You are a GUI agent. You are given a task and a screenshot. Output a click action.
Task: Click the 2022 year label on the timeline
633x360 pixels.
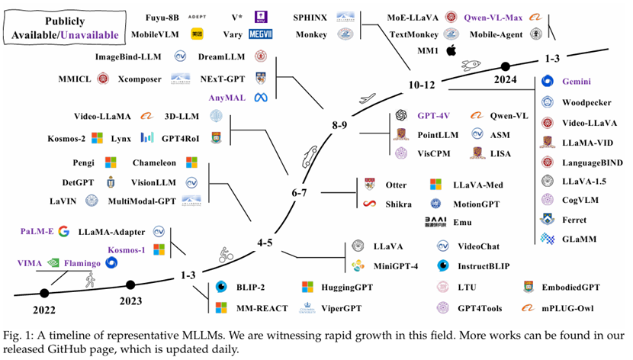pyautogui.click(x=43, y=312)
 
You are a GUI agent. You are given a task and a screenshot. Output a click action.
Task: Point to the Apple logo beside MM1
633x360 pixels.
pyautogui.click(x=451, y=50)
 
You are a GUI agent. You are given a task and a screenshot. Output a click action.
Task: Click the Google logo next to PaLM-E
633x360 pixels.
pyautogui.click(x=63, y=231)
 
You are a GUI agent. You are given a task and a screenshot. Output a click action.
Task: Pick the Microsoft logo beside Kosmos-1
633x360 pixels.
pyautogui.click(x=159, y=249)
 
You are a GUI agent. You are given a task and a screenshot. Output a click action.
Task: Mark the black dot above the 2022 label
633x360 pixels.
pyautogui.click(x=43, y=292)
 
